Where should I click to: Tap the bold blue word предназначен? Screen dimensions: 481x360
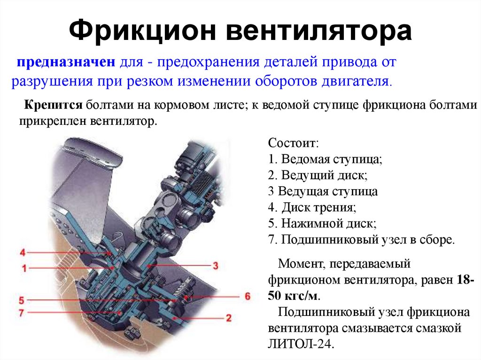pyautogui.click(x=66, y=62)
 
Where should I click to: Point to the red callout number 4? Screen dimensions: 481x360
pyautogui.click(x=23, y=253)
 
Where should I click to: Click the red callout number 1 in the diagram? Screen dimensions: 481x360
pyautogui.click(x=24, y=268)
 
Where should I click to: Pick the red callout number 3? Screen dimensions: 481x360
pyautogui.click(x=215, y=265)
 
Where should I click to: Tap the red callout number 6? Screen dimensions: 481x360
pyautogui.click(x=248, y=296)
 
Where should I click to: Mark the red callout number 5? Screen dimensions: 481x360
pyautogui.click(x=22, y=300)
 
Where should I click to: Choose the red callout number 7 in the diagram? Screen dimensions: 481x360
pyautogui.click(x=21, y=313)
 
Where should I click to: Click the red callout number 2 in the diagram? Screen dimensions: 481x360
pyautogui.click(x=229, y=318)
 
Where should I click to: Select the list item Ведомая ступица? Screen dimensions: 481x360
pyautogui.click(x=325, y=159)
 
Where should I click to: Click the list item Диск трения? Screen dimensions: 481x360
pyautogui.click(x=312, y=207)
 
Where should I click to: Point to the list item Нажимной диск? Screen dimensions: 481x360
pyautogui.click(x=322, y=223)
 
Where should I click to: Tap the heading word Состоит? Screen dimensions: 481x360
pyautogui.click(x=294, y=143)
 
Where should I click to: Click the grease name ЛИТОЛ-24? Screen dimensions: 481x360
pyautogui.click(x=300, y=344)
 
